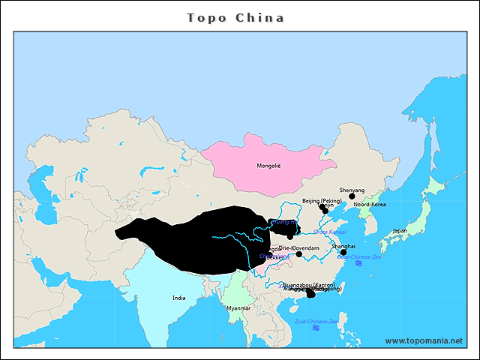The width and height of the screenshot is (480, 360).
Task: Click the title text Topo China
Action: coord(235,17)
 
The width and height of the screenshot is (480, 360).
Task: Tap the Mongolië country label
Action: coord(268,166)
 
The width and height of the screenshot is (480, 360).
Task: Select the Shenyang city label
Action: coord(352,190)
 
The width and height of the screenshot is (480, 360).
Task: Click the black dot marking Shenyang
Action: coord(352,196)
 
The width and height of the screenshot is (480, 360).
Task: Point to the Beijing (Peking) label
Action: coord(322,201)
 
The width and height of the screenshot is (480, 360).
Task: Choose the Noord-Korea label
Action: coord(370,204)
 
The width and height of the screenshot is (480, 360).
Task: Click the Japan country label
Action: coord(400,231)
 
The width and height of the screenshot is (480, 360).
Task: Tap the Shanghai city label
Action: coord(343,246)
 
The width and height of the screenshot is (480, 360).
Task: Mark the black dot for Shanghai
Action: coord(343,253)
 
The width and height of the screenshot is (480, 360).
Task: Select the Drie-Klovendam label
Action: coord(299,247)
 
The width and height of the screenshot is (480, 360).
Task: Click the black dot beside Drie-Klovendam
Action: coord(298,254)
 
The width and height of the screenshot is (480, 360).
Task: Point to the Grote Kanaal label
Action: coord(330,232)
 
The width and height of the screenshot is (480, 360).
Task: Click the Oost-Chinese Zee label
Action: coord(358,256)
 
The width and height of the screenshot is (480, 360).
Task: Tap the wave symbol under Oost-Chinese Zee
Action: coord(358,264)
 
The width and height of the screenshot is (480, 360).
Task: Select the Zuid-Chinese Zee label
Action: coord(316,321)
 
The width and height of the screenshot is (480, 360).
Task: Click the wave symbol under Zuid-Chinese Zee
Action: coord(316,328)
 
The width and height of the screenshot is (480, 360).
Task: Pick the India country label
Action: coord(178,298)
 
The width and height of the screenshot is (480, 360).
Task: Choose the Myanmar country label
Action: coord(238,308)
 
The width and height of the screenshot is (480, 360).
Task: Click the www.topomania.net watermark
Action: coord(424,340)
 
